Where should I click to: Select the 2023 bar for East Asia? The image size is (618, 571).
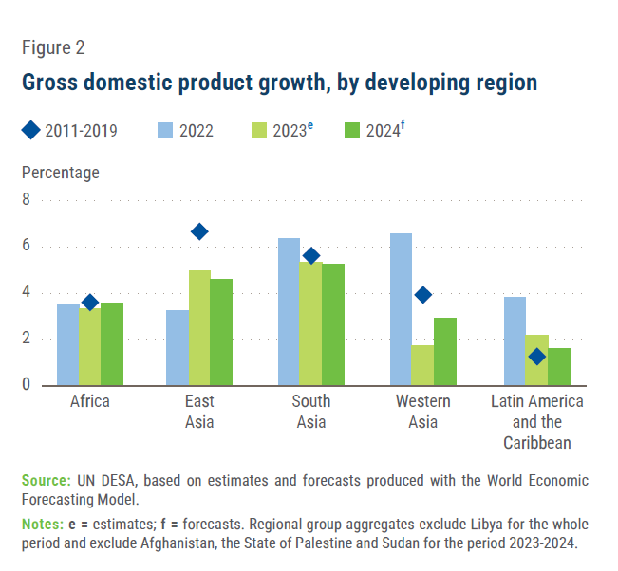tap(199, 327)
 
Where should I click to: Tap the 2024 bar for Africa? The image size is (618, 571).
tap(112, 343)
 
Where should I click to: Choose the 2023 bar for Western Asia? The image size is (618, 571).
tap(423, 365)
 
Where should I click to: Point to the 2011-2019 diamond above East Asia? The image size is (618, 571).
tap(199, 231)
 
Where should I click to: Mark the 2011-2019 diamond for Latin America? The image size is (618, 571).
tap(537, 357)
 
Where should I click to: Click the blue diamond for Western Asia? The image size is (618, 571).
tap(423, 295)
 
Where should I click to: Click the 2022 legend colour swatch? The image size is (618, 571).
tap(165, 130)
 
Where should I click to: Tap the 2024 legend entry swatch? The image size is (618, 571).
tap(353, 130)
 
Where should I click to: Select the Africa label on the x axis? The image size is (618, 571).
tap(90, 402)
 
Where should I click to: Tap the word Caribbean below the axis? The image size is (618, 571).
tap(537, 443)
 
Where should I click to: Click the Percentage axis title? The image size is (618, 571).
tap(61, 173)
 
